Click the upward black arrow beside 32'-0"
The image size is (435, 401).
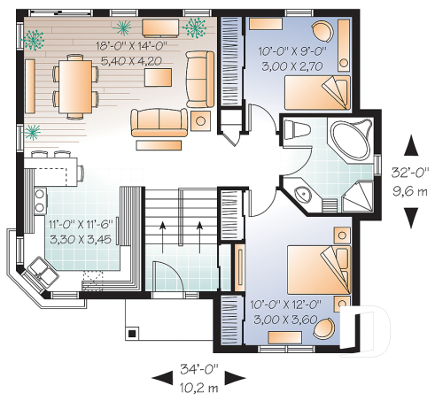(x=411, y=144)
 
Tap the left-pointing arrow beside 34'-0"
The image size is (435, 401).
(x=160, y=378)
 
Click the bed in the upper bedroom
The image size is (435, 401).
(x=317, y=88)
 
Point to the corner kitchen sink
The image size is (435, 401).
(x=38, y=267)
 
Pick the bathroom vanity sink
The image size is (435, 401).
(x=302, y=196)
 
